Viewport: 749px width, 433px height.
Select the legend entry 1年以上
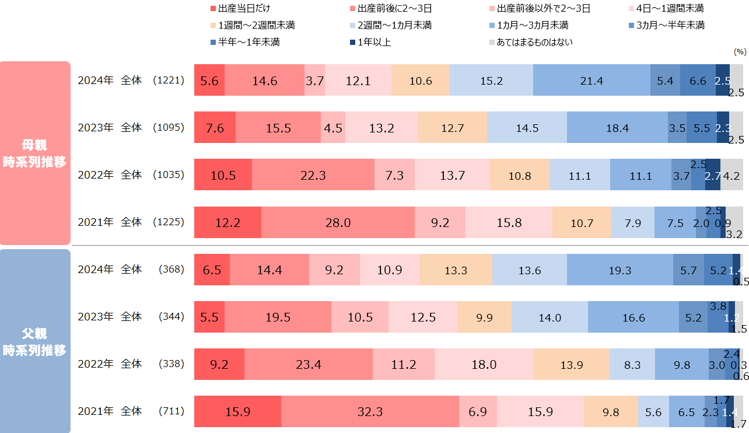click(x=373, y=42)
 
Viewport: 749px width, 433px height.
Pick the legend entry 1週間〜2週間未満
click(x=257, y=26)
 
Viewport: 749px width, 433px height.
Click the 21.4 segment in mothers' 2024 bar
click(x=591, y=80)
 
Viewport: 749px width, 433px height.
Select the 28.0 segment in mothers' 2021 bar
click(x=338, y=222)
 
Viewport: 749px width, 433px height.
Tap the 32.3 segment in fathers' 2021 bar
click(x=370, y=411)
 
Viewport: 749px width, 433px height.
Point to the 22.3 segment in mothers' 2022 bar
click(x=313, y=174)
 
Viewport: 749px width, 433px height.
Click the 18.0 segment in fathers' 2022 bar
click(x=484, y=364)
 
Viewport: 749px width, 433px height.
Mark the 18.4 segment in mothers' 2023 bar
click(x=617, y=127)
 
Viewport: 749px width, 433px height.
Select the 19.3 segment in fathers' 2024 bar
click(x=619, y=270)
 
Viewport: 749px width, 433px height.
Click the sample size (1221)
click(x=168, y=81)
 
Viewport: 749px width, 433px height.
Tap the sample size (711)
click(x=171, y=411)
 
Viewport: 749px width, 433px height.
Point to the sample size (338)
click(x=171, y=364)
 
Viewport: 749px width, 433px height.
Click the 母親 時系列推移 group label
click(x=34, y=153)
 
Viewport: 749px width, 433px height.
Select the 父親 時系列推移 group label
click(x=34, y=342)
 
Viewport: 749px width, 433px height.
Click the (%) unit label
click(x=740, y=51)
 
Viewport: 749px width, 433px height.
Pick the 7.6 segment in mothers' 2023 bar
click(x=215, y=127)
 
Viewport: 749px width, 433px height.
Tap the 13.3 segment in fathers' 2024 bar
click(x=456, y=270)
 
